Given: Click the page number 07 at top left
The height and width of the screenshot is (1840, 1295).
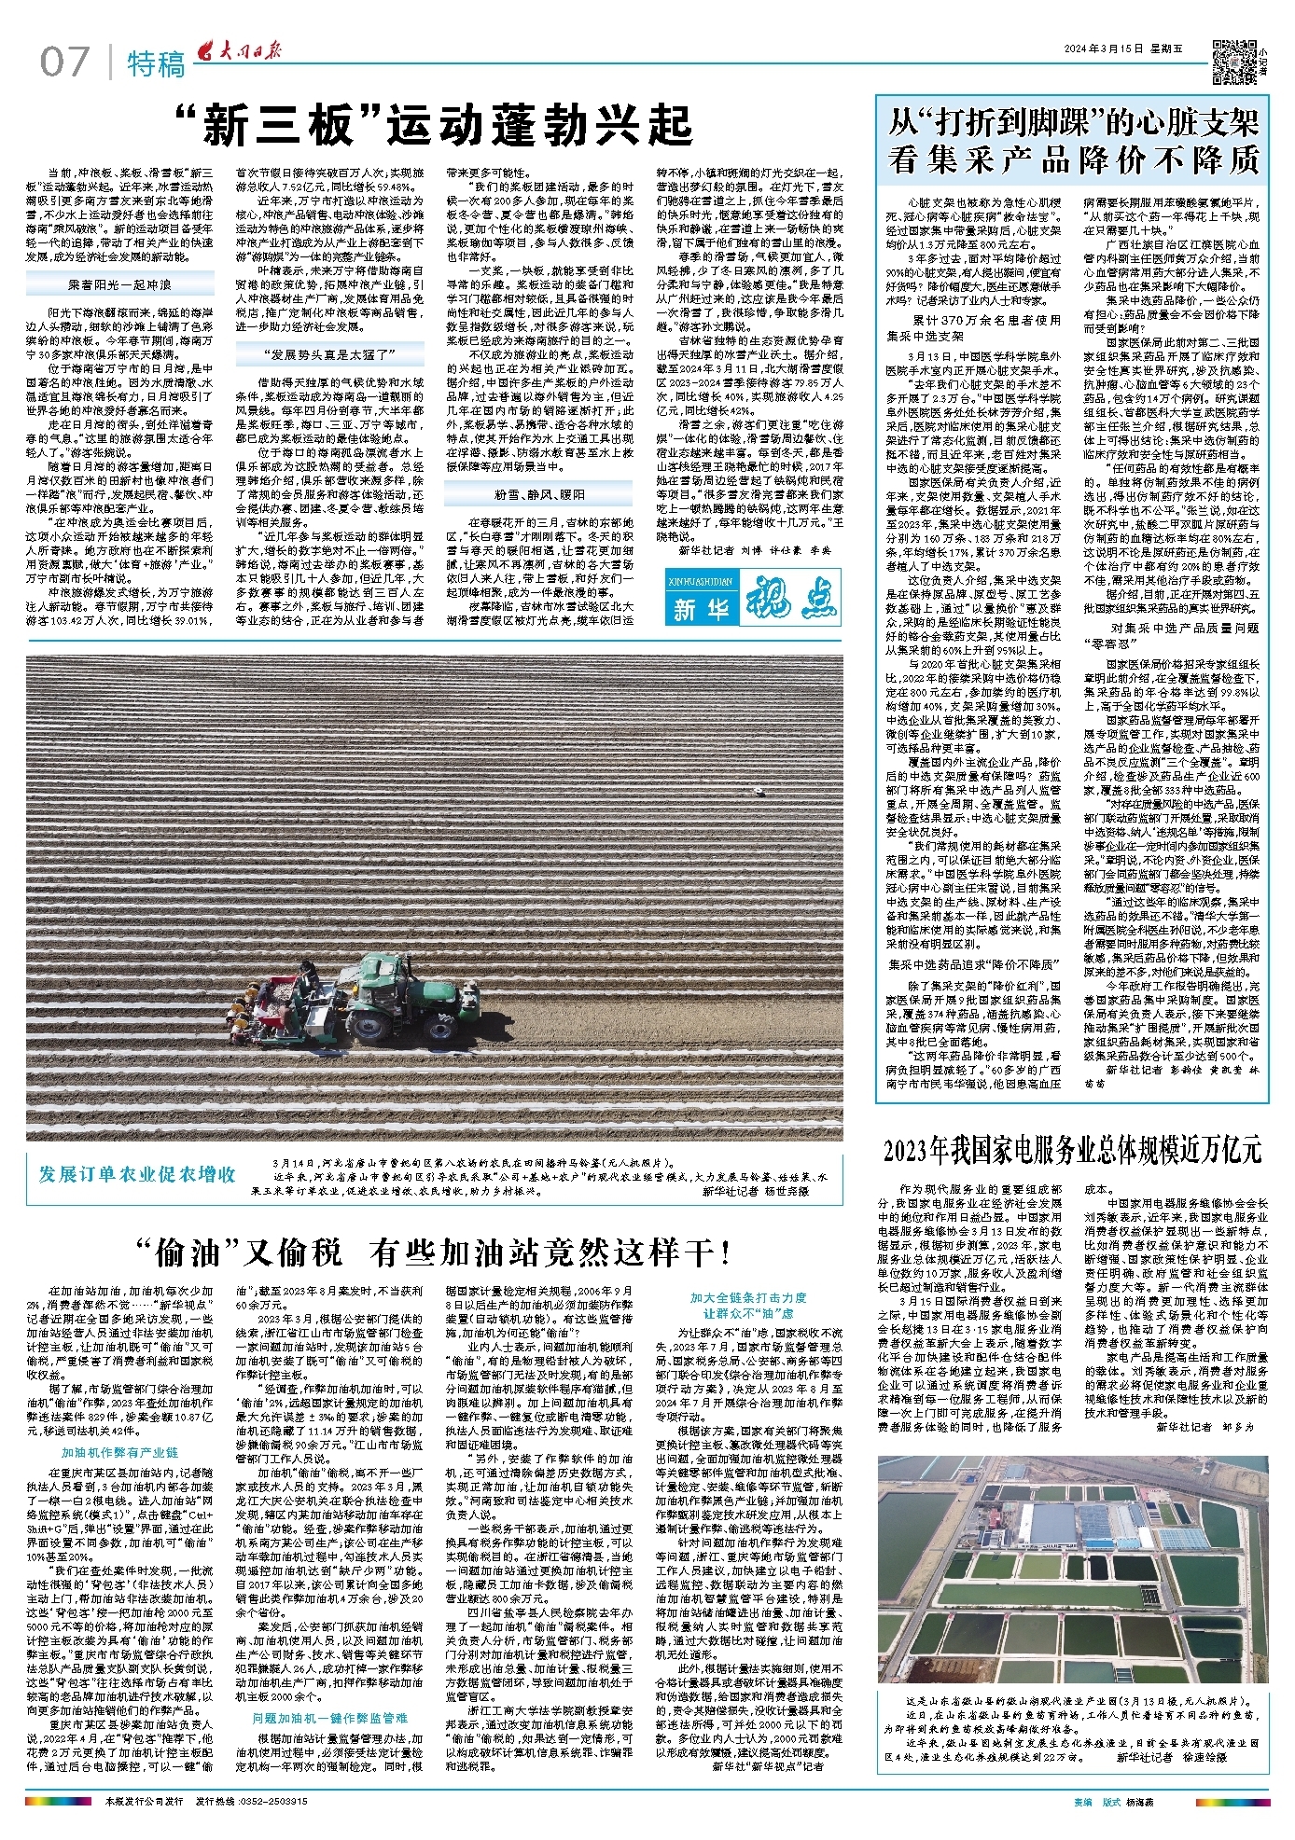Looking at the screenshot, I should [x=63, y=62].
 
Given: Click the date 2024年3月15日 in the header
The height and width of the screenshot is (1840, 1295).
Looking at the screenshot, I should [x=1101, y=49].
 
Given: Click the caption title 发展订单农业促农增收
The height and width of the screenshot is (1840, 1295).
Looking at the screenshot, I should [x=136, y=1175].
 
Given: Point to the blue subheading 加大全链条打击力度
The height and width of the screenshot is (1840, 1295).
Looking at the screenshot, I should [x=748, y=1297].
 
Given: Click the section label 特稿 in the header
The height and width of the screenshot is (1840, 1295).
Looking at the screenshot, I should [x=156, y=64].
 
